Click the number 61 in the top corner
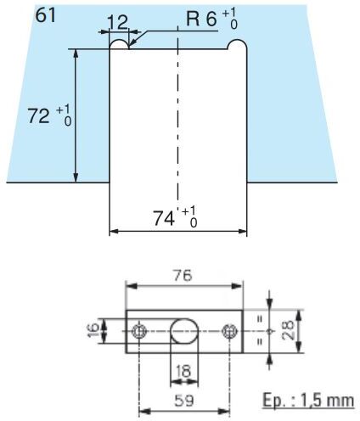click(x=45, y=15)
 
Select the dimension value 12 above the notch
click(x=118, y=22)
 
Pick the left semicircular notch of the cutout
click(x=119, y=40)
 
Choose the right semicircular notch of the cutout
click(x=237, y=40)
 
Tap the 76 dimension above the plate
click(x=183, y=275)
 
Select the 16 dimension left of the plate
click(x=93, y=331)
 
